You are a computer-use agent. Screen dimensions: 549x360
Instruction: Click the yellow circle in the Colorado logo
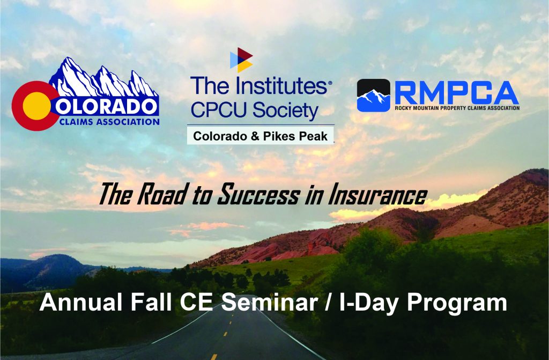pos(37,106)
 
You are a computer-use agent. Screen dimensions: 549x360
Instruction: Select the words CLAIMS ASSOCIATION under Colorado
pos(109,122)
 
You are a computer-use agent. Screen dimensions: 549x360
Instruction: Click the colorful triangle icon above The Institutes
pos(241,60)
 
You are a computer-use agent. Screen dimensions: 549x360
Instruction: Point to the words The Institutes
pos(259,86)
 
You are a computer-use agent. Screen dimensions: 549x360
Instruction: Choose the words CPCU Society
pos(254,110)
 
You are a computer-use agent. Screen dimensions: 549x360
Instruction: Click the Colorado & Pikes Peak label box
pos(260,136)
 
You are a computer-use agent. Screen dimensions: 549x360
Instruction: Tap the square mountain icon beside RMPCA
pos(374,95)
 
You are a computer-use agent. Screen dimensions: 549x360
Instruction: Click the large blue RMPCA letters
pos(457,92)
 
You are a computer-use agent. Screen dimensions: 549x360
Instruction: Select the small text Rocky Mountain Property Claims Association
pos(457,108)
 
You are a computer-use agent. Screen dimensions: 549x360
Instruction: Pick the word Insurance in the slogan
pos(377,195)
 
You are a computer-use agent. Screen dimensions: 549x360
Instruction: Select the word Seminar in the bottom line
pos(269,302)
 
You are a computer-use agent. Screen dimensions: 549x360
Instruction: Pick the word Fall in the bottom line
pos(151,302)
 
